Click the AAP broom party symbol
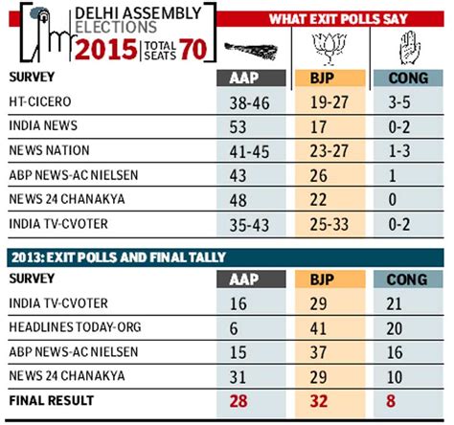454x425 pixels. [247, 47]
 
